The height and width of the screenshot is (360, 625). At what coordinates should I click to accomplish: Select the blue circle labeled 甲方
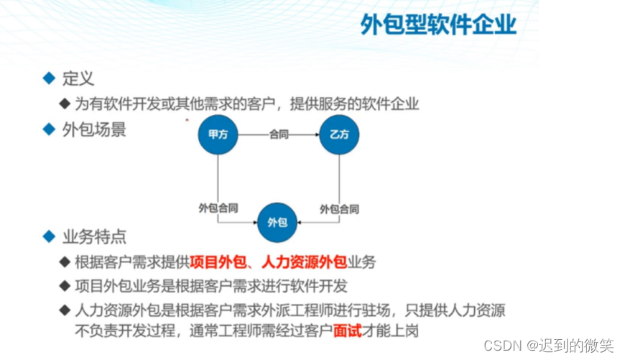point(218,134)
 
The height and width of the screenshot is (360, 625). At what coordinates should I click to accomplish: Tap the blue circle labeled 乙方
point(339,134)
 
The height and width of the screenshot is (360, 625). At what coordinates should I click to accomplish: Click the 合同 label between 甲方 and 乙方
point(279,134)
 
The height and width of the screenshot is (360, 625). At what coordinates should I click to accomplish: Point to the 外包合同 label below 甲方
point(218,209)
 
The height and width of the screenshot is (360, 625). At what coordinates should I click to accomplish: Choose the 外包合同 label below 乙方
point(339,209)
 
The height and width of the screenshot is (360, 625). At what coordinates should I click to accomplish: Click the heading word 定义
point(78,78)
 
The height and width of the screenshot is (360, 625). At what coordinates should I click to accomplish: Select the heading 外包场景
point(95,130)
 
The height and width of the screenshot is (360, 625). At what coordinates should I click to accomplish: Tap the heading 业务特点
point(95,236)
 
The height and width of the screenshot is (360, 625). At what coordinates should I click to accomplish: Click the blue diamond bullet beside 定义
point(49,78)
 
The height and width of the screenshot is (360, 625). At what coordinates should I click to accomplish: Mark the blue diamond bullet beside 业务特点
point(49,236)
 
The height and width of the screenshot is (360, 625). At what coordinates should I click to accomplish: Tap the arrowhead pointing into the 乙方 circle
point(315,134)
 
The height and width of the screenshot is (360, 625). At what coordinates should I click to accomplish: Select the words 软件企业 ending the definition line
point(393,104)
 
